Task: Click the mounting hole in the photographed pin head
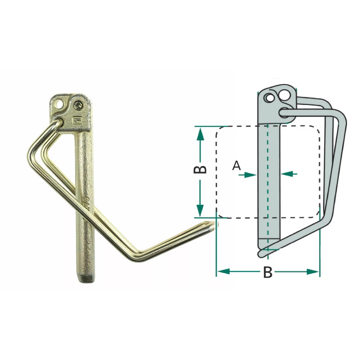click(x=60, y=104)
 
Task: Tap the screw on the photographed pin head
click(x=77, y=106)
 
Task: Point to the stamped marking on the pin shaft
click(x=87, y=201)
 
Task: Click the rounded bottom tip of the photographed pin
click(x=86, y=279)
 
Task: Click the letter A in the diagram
click(x=237, y=166)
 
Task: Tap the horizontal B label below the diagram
click(x=267, y=272)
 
